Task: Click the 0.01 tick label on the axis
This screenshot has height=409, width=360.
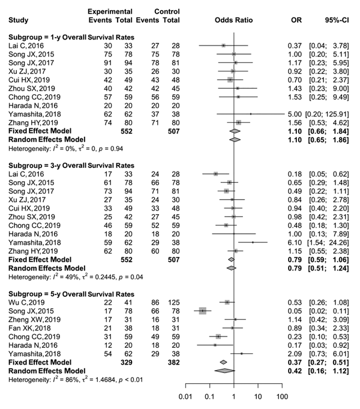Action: click(x=185, y=397)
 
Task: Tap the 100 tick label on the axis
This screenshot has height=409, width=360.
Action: click(x=282, y=397)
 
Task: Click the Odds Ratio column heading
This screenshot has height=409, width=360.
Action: click(x=233, y=20)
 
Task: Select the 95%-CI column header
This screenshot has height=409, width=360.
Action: click(x=337, y=20)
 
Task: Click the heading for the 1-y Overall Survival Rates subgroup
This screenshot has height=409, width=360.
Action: click(x=71, y=37)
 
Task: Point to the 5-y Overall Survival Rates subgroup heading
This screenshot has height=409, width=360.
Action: click(x=71, y=294)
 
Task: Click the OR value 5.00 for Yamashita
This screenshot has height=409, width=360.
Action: click(x=295, y=115)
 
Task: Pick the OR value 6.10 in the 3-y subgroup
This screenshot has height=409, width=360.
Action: click(x=295, y=243)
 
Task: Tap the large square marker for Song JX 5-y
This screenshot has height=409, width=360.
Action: click(x=203, y=311)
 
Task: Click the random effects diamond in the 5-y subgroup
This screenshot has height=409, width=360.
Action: click(x=224, y=371)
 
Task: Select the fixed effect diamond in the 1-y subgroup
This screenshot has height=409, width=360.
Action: click(x=235, y=131)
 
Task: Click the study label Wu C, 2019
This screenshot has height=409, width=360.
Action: click(x=26, y=303)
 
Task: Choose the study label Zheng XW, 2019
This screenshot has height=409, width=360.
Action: click(x=34, y=320)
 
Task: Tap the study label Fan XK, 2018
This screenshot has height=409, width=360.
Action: click(x=29, y=328)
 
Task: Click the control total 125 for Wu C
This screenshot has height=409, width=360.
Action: click(x=174, y=303)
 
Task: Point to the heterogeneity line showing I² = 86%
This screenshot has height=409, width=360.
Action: click(x=76, y=379)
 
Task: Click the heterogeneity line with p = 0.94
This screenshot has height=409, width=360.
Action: click(x=66, y=148)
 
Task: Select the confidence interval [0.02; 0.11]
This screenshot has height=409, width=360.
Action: click(x=329, y=311)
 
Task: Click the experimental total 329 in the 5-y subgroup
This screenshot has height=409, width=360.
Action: click(x=127, y=362)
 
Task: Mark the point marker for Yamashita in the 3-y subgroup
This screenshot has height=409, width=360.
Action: click(x=253, y=242)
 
